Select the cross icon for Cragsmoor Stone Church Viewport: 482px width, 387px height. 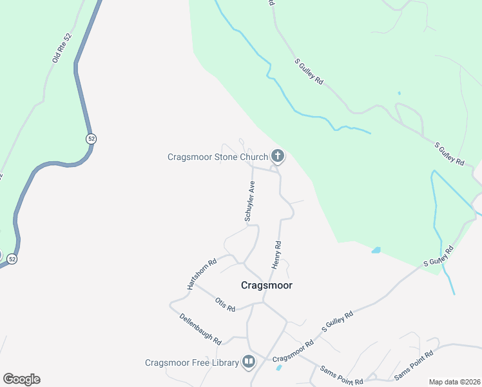[278, 156]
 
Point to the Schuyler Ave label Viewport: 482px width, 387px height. [250, 202]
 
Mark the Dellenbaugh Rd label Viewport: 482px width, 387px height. [200, 329]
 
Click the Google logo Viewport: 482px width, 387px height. [21, 379]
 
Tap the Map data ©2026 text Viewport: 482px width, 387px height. [454, 382]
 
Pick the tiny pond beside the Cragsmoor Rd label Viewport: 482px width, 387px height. [278, 368]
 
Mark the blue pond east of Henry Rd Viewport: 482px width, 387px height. [376, 250]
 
